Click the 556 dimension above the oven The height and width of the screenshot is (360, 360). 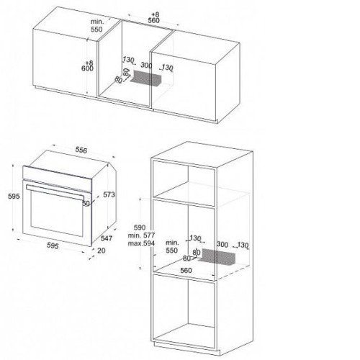coord(81,150)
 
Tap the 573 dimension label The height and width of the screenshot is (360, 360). coord(109,194)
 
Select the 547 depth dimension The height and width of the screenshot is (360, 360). coord(107,238)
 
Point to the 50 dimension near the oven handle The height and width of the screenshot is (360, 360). coord(86,203)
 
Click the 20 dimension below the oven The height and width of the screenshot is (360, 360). coord(102,251)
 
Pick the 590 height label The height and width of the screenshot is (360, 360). coord(140,228)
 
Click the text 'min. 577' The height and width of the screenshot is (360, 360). coord(141,235)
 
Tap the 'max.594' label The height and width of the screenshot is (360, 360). coord(141,243)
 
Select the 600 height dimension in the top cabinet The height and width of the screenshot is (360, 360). coord(87,68)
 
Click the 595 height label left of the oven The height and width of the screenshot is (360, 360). coord(14,196)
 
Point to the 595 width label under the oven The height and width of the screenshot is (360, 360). coord(53,246)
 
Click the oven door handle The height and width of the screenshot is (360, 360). coord(55,192)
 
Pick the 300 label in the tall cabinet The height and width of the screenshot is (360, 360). coord(222,244)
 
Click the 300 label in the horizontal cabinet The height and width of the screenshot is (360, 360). coord(146,65)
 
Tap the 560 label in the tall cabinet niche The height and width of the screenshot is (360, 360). coord(186,271)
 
